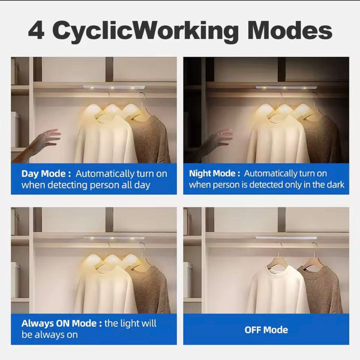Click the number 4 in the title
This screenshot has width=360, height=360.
pos(36,30)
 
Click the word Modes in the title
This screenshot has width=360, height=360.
pos(290,30)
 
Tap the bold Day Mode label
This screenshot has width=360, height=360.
pos(46,174)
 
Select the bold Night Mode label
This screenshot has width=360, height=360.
pos(214,174)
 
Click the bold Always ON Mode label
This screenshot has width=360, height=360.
pos(62,323)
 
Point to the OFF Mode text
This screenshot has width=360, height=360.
pos(266,330)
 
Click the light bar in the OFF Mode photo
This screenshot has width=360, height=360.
pos(286,237)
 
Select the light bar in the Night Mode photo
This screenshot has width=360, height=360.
pos(286,88)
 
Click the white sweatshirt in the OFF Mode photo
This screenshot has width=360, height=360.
pos(278,289)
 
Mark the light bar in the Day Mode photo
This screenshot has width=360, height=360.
pos(114,88)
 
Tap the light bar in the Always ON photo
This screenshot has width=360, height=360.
pos(114,237)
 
